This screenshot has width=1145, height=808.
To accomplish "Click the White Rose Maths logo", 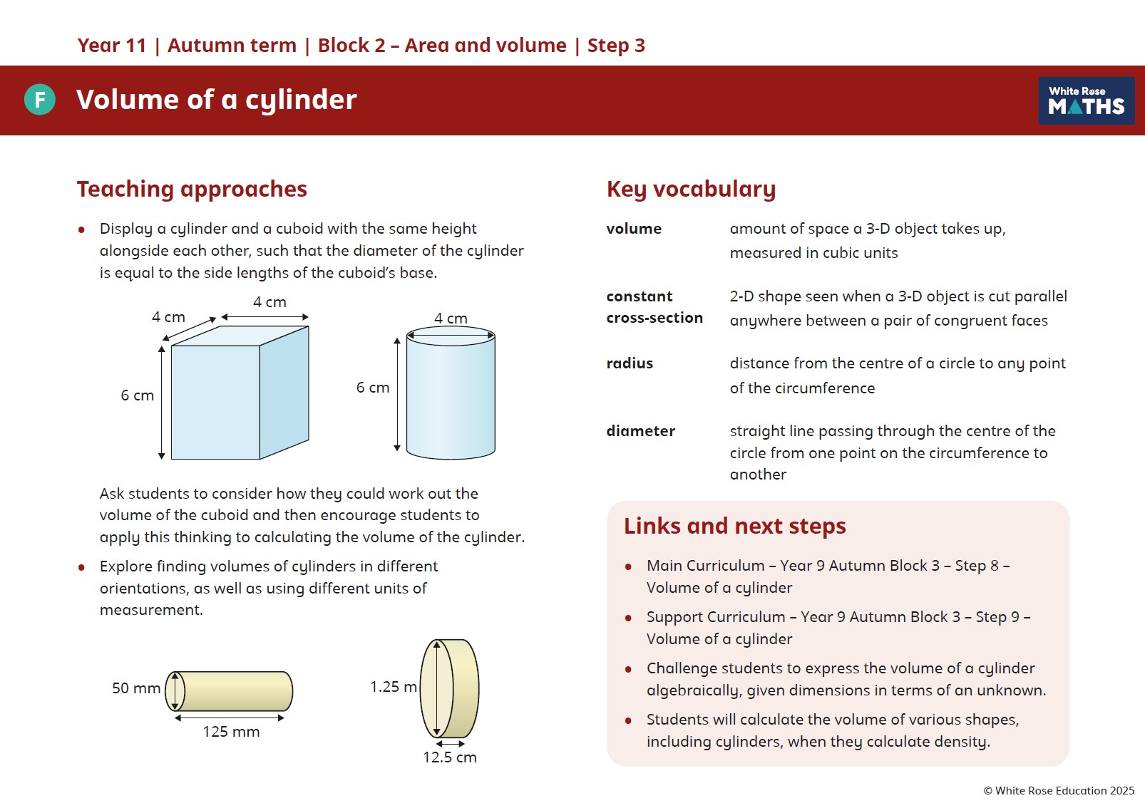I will click(1086, 100).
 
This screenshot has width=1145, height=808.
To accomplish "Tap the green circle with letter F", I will click(40, 100).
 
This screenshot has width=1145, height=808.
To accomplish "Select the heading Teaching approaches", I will click(192, 189).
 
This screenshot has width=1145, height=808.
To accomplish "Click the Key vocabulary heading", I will click(691, 189).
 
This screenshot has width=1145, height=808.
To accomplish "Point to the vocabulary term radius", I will click(630, 363).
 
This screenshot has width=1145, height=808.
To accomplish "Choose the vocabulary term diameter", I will click(640, 431).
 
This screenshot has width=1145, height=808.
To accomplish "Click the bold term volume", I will click(634, 229).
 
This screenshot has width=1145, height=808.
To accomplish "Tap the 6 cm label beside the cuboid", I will click(137, 395).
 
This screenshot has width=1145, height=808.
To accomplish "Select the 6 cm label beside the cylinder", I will click(373, 388).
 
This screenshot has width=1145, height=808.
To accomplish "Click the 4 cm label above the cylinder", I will click(451, 318).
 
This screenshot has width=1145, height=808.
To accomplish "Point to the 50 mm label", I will click(135, 688).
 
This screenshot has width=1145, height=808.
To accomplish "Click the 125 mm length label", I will click(231, 732).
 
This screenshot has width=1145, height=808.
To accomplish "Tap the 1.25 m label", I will click(393, 687).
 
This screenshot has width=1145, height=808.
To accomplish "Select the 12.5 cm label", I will click(449, 757).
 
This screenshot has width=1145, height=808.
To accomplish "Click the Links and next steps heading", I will click(734, 526).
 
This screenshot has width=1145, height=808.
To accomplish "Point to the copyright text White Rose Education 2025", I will click(1059, 790).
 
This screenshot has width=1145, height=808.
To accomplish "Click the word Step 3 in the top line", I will click(616, 46).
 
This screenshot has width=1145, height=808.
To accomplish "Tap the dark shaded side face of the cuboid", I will click(284, 392).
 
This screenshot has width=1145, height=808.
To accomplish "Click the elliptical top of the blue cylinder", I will click(451, 336).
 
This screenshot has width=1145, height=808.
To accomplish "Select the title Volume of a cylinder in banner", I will click(216, 100).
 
